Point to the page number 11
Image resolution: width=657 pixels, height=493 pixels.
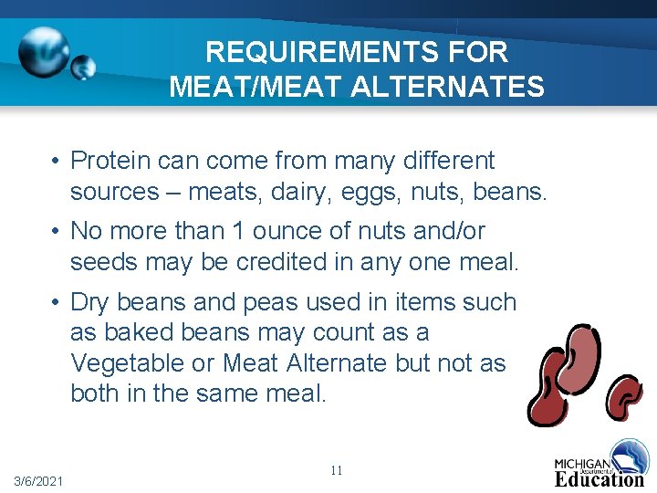pos(336,470)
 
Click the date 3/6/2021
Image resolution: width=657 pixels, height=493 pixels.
pos(38,481)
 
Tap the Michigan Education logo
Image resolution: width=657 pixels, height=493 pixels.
pos(600,464)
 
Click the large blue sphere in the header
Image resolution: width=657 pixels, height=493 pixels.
pos(44,51)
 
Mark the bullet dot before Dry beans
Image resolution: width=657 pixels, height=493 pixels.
pos(57,302)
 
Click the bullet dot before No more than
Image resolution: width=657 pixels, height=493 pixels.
pos(57,232)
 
